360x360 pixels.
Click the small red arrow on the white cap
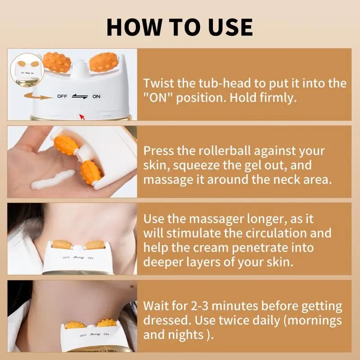click(x=81, y=117)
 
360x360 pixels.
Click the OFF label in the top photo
click(x=62, y=96)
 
